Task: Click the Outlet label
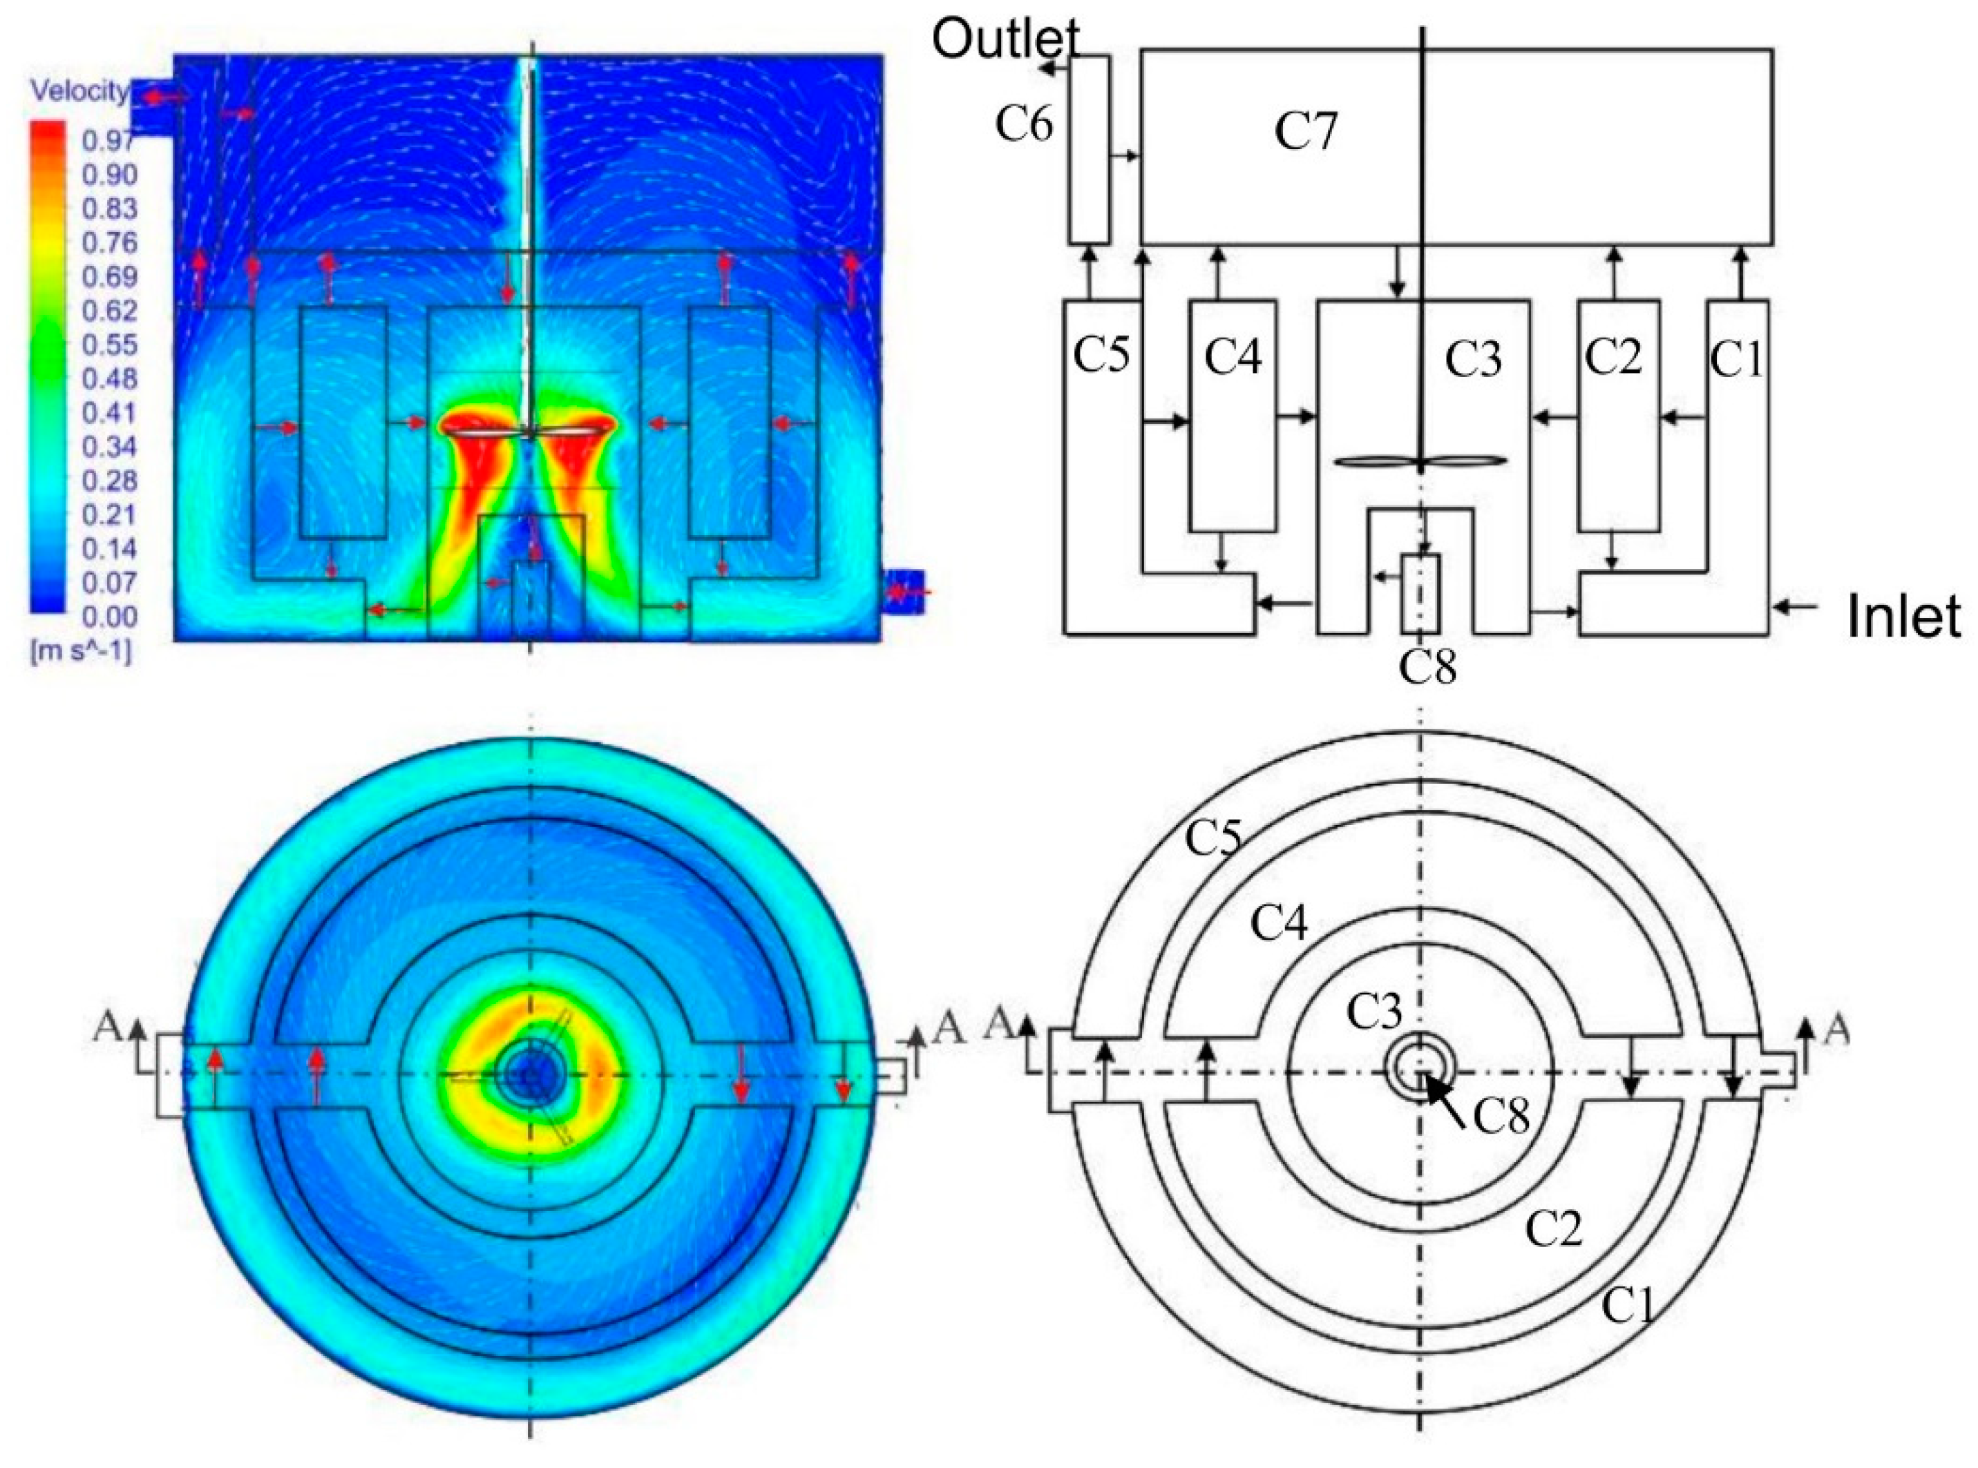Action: (1005, 39)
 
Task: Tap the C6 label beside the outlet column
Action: (1024, 124)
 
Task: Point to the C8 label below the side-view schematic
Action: (1428, 666)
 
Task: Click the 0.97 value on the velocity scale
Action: (109, 140)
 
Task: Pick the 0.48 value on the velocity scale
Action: (109, 378)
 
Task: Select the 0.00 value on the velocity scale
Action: (109, 617)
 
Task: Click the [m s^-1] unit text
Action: (81, 653)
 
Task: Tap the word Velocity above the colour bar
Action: (78, 92)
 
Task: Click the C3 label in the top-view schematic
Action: (1374, 1012)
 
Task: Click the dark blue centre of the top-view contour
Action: (530, 1075)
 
